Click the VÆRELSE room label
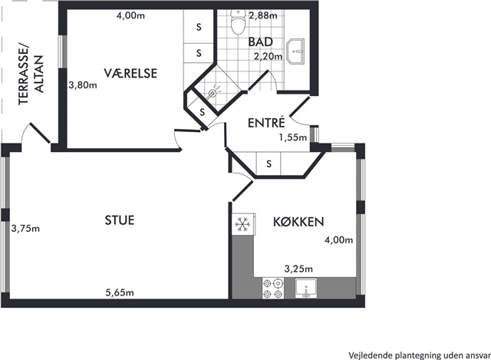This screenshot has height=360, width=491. [x=130, y=73]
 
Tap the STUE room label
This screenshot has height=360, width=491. [x=120, y=220]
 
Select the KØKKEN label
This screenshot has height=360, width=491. [x=298, y=222]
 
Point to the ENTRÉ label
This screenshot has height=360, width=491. [x=266, y=122]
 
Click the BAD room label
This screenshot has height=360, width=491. [x=260, y=41]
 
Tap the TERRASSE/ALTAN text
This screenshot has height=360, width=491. [x=31, y=74]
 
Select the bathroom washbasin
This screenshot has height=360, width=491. [x=295, y=51]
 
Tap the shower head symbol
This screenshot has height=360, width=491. [x=213, y=92]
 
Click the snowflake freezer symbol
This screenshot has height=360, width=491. [x=242, y=224]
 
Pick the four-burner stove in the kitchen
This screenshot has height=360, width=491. [x=273, y=289]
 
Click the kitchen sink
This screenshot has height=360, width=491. [x=306, y=289]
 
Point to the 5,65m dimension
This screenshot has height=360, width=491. [x=120, y=292]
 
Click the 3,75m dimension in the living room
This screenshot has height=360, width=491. [x=25, y=229]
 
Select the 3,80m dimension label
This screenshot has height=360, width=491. [x=83, y=85]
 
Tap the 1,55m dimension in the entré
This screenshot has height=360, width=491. [x=293, y=137]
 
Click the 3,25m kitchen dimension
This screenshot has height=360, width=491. [x=298, y=269]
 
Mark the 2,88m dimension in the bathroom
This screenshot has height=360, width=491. [x=263, y=15]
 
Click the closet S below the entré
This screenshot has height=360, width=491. [x=269, y=163]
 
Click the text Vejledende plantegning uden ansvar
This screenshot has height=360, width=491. [x=420, y=355]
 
